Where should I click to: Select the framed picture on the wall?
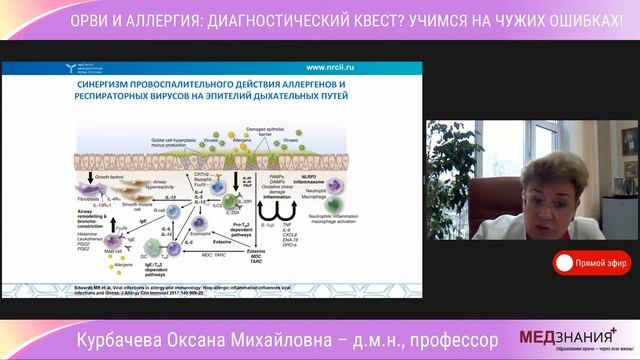click(629, 141)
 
